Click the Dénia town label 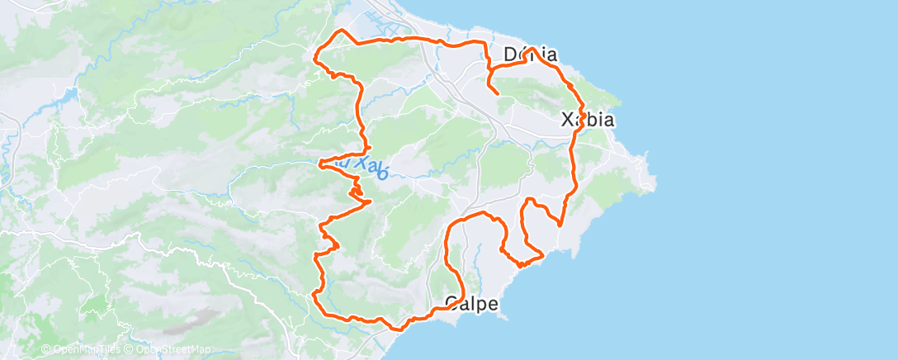click(530, 55)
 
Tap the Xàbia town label click(588, 120)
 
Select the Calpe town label click(472, 304)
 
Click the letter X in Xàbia click(568, 120)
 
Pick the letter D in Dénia click(510, 55)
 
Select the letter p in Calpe click(484, 306)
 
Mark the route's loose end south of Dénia click(498, 94)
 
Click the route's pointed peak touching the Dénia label click(533, 49)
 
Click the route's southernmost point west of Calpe click(400, 329)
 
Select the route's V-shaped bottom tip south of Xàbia click(560, 225)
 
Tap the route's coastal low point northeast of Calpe click(521, 265)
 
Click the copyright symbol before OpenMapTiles click(45, 349)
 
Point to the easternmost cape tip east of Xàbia click(656, 180)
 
